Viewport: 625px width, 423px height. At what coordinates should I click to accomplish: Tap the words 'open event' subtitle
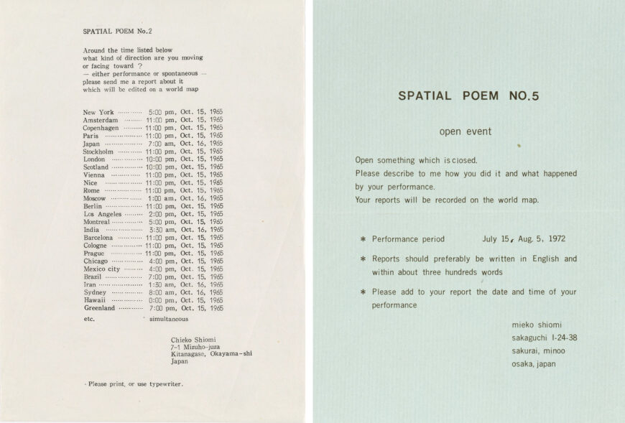coord(465,132)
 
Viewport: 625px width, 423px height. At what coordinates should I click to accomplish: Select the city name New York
coord(98,113)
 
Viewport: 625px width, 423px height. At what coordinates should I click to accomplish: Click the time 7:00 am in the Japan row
coord(162,144)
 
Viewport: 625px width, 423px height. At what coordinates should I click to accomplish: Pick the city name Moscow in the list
coord(95,198)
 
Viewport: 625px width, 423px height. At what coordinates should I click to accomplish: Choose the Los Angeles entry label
coord(103,214)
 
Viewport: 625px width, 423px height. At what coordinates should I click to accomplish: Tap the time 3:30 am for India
coord(162,230)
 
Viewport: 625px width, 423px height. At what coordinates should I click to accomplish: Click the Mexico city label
coord(102,269)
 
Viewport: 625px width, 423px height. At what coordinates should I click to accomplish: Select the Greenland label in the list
coord(100,308)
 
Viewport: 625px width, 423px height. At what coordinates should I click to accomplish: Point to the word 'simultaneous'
coord(169,317)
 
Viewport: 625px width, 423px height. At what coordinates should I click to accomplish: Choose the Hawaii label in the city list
coord(94,300)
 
